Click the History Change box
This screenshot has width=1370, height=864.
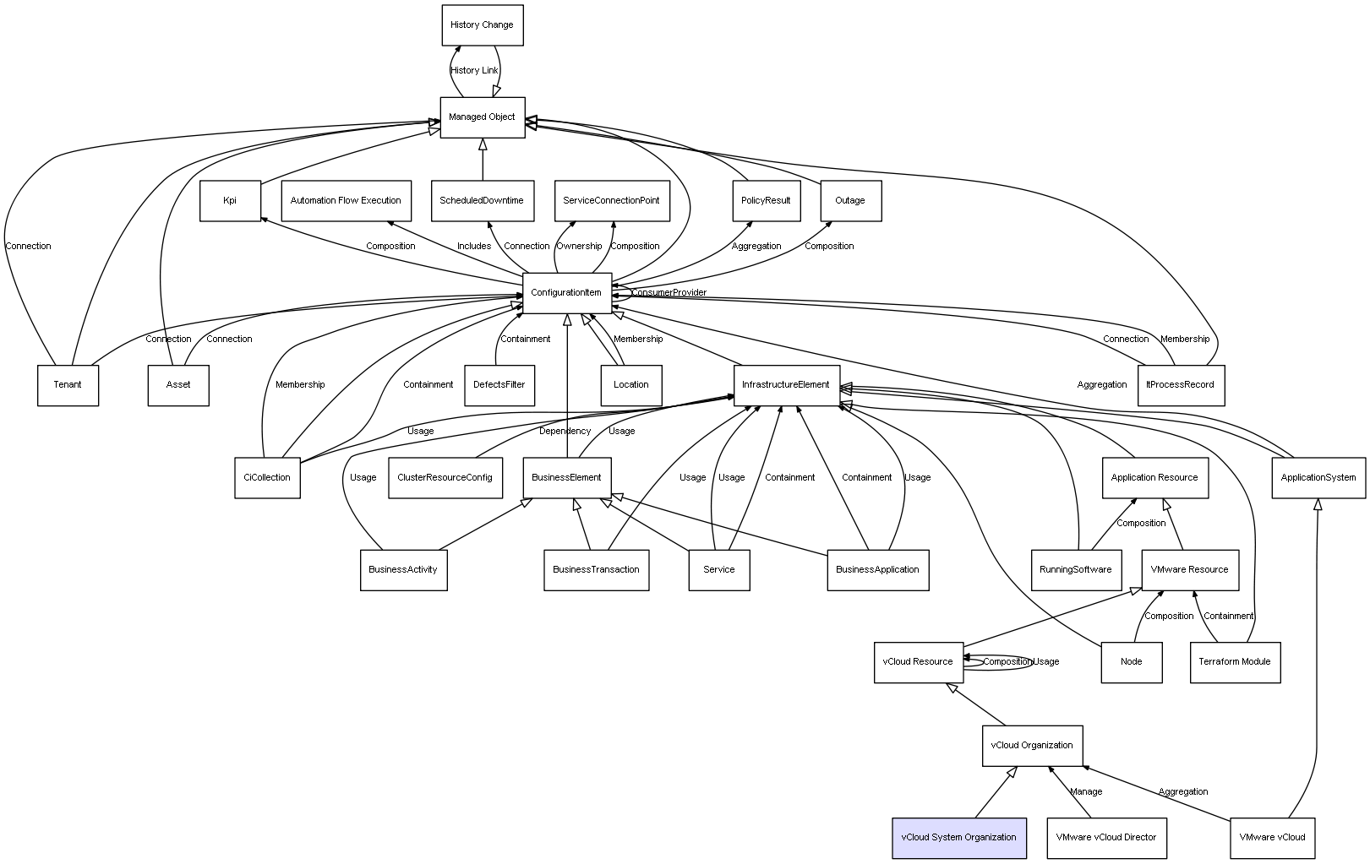point(482,25)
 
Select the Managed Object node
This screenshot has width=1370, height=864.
point(482,117)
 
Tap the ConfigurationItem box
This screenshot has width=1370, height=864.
point(566,293)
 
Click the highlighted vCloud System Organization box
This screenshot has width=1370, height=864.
point(958,838)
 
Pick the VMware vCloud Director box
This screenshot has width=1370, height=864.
point(1105,838)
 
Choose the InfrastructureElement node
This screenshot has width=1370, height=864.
point(786,385)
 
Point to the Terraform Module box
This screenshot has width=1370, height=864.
point(1234,662)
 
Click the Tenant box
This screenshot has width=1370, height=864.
point(68,385)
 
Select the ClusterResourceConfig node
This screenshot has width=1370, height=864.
point(445,478)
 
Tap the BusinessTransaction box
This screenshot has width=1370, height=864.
point(596,570)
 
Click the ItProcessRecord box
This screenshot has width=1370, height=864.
point(1180,385)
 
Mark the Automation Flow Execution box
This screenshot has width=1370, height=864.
point(346,201)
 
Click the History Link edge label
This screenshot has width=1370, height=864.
point(474,71)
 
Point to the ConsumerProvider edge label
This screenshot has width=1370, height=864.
point(669,293)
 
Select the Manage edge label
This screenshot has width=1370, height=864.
point(1086,792)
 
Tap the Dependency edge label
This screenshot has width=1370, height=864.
point(565,432)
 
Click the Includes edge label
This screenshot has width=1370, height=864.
point(473,247)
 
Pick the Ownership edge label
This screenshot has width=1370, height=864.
point(579,247)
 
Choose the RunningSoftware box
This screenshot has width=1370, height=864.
point(1075,570)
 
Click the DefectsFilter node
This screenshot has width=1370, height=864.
point(499,385)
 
